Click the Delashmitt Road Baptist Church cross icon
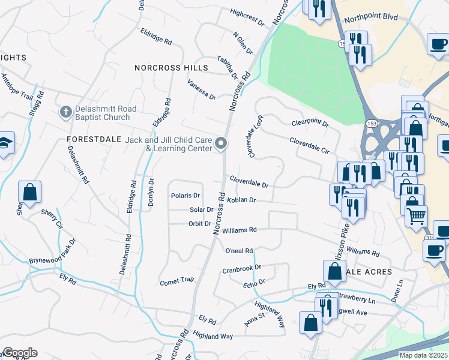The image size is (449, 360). tap(65, 112)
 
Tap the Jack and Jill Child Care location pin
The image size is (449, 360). tap(221, 144)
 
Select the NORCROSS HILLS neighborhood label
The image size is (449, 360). tap(171, 68)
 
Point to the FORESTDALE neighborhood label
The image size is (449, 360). tap(92, 139)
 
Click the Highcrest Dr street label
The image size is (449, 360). tap(247, 17)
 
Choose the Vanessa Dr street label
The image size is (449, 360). tap(201, 89)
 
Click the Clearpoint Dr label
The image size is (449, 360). tap(310, 124)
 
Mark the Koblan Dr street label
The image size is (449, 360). tap(241, 200)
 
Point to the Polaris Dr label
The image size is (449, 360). tap(185, 196)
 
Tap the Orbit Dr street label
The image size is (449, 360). tap(200, 224)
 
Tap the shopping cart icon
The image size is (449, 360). tap(416, 214)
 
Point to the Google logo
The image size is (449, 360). tap(20, 353)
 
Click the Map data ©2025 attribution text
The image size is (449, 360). tap(423, 355)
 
